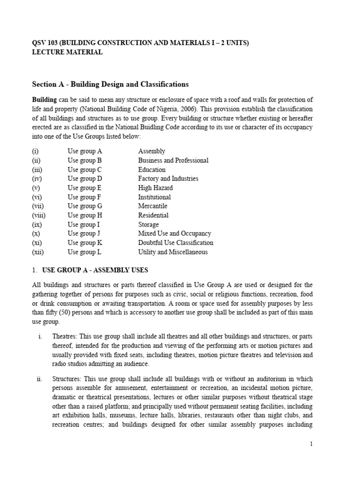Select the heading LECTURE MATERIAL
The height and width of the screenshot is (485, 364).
click(67, 52)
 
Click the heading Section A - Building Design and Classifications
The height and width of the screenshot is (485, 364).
click(110, 84)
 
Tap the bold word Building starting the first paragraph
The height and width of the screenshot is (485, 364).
click(44, 99)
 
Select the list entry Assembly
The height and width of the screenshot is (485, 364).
click(152, 151)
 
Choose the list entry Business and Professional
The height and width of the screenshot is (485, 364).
click(173, 160)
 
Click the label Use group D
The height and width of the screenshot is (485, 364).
click(85, 179)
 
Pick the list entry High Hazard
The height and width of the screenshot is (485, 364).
click(155, 188)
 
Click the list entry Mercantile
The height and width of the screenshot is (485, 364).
click(153, 206)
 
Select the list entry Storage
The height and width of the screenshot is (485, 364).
click(148, 225)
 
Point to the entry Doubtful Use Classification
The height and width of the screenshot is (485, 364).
click(175, 242)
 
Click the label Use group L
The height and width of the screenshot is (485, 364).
click(84, 252)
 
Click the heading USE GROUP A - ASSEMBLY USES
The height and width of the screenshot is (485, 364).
click(95, 270)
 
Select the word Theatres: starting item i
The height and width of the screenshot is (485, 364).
click(65, 336)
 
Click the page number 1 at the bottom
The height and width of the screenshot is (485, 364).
click(311, 444)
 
